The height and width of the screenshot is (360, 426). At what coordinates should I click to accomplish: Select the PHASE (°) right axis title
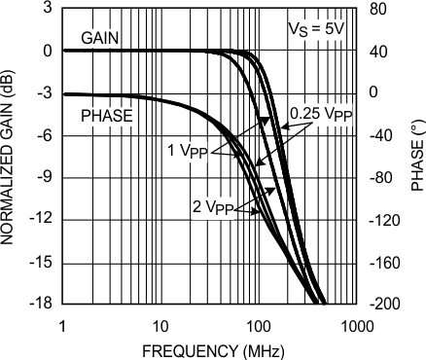(x=416, y=157)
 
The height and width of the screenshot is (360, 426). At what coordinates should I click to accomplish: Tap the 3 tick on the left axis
(x=47, y=9)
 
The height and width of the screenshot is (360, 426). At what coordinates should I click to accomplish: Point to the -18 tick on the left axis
(x=40, y=305)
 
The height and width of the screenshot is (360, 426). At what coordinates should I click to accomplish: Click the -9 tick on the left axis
(x=43, y=178)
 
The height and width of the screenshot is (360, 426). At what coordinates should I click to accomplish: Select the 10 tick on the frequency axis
(x=160, y=323)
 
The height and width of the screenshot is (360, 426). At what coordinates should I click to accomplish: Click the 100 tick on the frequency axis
(x=258, y=323)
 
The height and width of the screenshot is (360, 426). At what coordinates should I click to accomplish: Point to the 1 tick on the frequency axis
(x=62, y=323)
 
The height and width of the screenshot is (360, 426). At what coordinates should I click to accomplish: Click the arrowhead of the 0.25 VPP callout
(x=263, y=120)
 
